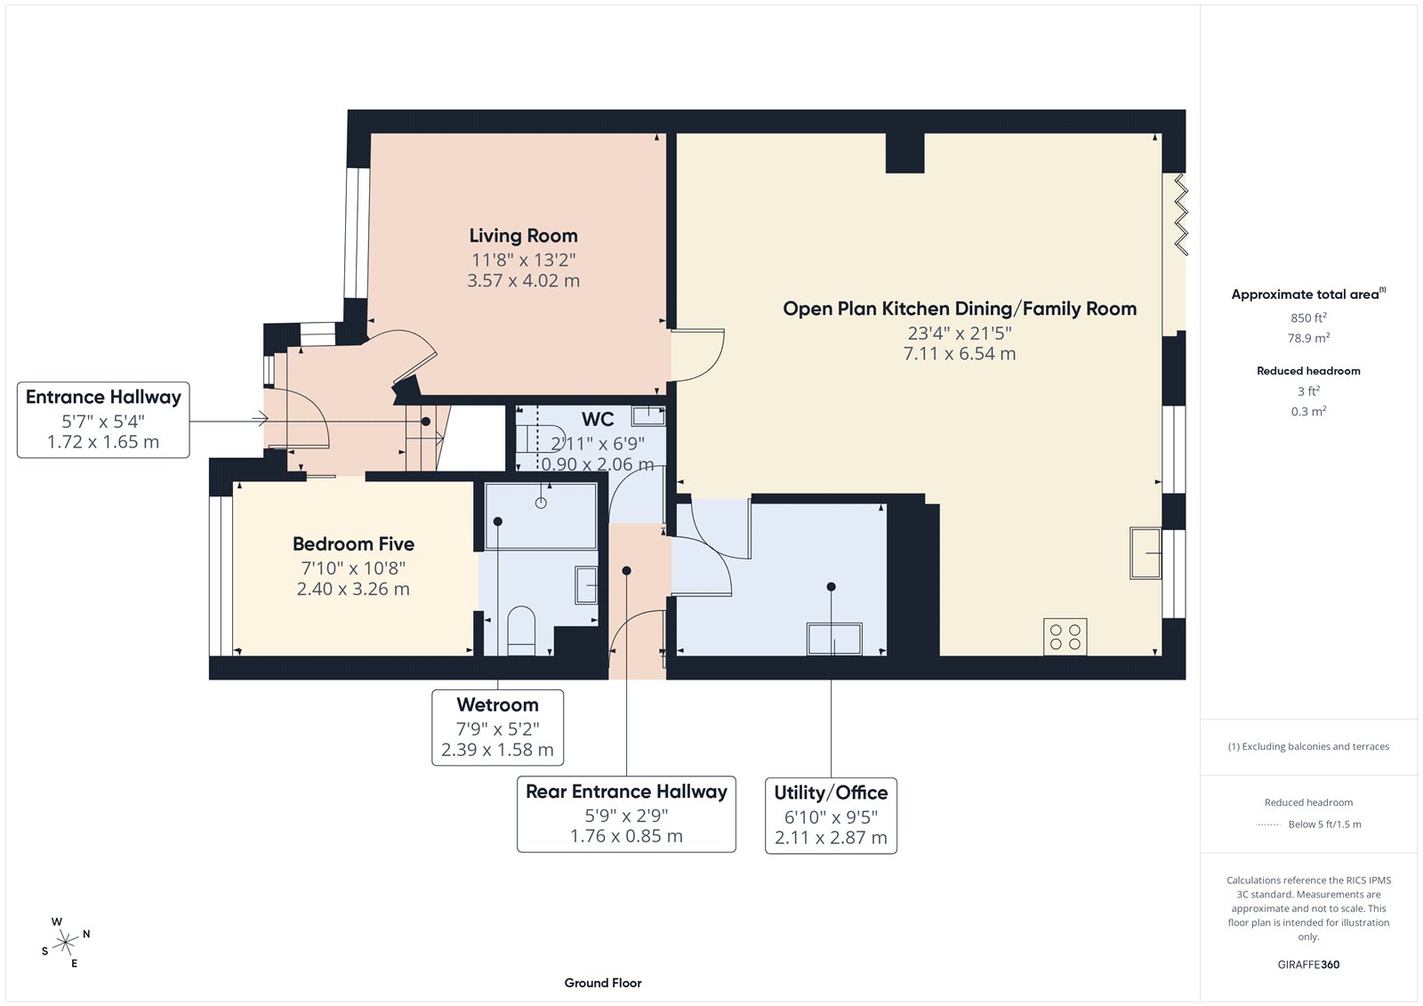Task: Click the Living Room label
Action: click(x=523, y=236)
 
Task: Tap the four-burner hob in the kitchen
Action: click(x=1065, y=637)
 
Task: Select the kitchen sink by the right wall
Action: click(x=1146, y=553)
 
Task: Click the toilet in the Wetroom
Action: click(x=520, y=631)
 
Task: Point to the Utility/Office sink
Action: click(x=833, y=639)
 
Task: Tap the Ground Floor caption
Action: click(x=602, y=983)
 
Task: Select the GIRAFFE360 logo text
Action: click(x=1307, y=964)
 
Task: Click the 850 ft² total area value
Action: click(x=1307, y=318)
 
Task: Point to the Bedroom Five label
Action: click(x=353, y=543)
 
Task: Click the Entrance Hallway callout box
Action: click(x=103, y=420)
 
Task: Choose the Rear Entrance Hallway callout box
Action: click(x=626, y=814)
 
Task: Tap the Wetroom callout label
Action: click(x=497, y=704)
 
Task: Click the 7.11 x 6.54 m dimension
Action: click(x=959, y=354)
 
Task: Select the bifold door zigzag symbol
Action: click(x=1180, y=213)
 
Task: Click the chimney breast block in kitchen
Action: click(x=904, y=152)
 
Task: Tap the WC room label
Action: click(x=597, y=419)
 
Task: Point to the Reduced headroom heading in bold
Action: click(x=1307, y=371)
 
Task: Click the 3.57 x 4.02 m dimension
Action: click(x=523, y=281)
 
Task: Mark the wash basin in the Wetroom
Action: click(x=585, y=584)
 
